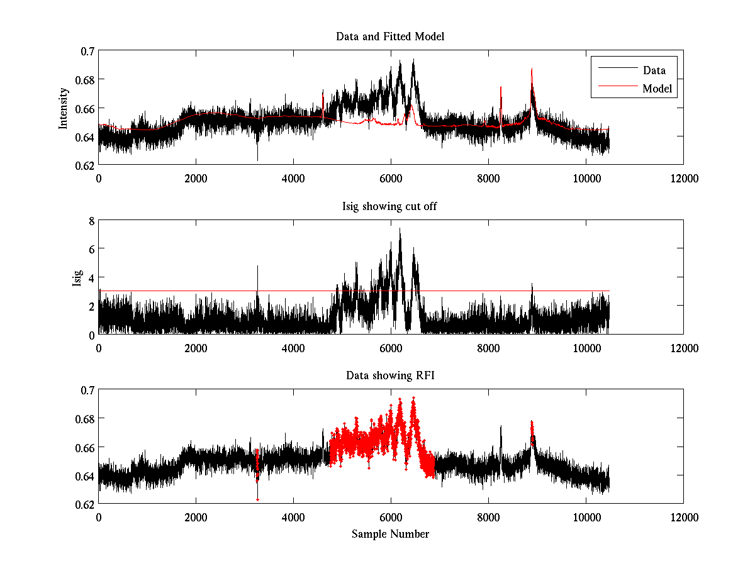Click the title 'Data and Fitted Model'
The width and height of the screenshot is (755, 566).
390,36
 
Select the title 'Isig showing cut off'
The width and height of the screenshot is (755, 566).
390,206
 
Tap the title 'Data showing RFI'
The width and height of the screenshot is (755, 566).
390,375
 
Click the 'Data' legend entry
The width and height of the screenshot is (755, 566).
654,70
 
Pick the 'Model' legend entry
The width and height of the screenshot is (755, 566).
657,89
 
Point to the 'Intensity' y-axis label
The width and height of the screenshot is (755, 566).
64,108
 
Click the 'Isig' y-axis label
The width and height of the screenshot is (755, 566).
77,277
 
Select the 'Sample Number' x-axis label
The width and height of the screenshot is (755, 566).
390,534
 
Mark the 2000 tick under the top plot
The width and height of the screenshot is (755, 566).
196,178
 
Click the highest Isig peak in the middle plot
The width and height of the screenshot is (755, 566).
400,229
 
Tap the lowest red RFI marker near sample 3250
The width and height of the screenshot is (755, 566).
257,499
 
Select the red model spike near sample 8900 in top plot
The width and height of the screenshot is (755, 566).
532,70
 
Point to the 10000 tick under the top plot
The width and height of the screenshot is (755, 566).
586,178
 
